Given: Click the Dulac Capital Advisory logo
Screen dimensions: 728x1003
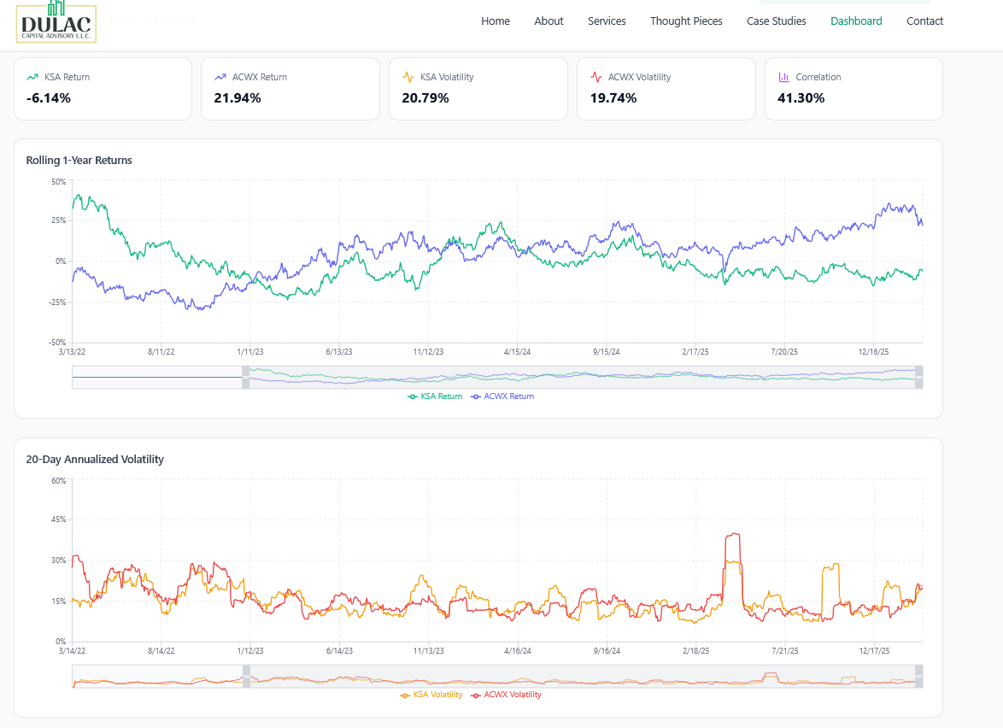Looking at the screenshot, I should pos(56,21).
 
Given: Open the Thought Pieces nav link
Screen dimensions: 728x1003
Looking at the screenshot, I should pos(686,21).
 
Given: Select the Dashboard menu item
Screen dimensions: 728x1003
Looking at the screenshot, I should pos(856,21).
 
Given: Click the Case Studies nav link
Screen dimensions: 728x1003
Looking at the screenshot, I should pos(776,21).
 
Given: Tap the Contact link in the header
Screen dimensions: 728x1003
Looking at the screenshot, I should pos(924,21).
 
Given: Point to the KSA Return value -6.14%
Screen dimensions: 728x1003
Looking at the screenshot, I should pos(49,98).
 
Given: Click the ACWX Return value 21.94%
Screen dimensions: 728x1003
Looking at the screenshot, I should pos(238,98).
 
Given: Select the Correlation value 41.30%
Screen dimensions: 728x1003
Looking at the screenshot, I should pos(801,98).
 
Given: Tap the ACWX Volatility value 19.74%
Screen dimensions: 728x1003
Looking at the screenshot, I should pos(613,98).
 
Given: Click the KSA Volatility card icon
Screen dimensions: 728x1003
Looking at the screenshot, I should pos(408,77).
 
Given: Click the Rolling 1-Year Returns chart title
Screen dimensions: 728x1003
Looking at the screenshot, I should pos(79,161).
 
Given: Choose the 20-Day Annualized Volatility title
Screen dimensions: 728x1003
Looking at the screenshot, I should pos(95,460).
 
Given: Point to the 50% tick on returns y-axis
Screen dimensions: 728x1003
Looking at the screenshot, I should pos(58,181).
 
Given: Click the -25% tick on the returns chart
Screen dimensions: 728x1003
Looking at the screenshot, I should pos(56,302).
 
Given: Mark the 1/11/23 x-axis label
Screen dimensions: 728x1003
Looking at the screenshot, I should pos(249,351).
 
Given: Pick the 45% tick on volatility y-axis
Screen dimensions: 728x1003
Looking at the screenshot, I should pos(58,520).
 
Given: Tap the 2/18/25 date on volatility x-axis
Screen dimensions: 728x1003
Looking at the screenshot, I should pos(696,650).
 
